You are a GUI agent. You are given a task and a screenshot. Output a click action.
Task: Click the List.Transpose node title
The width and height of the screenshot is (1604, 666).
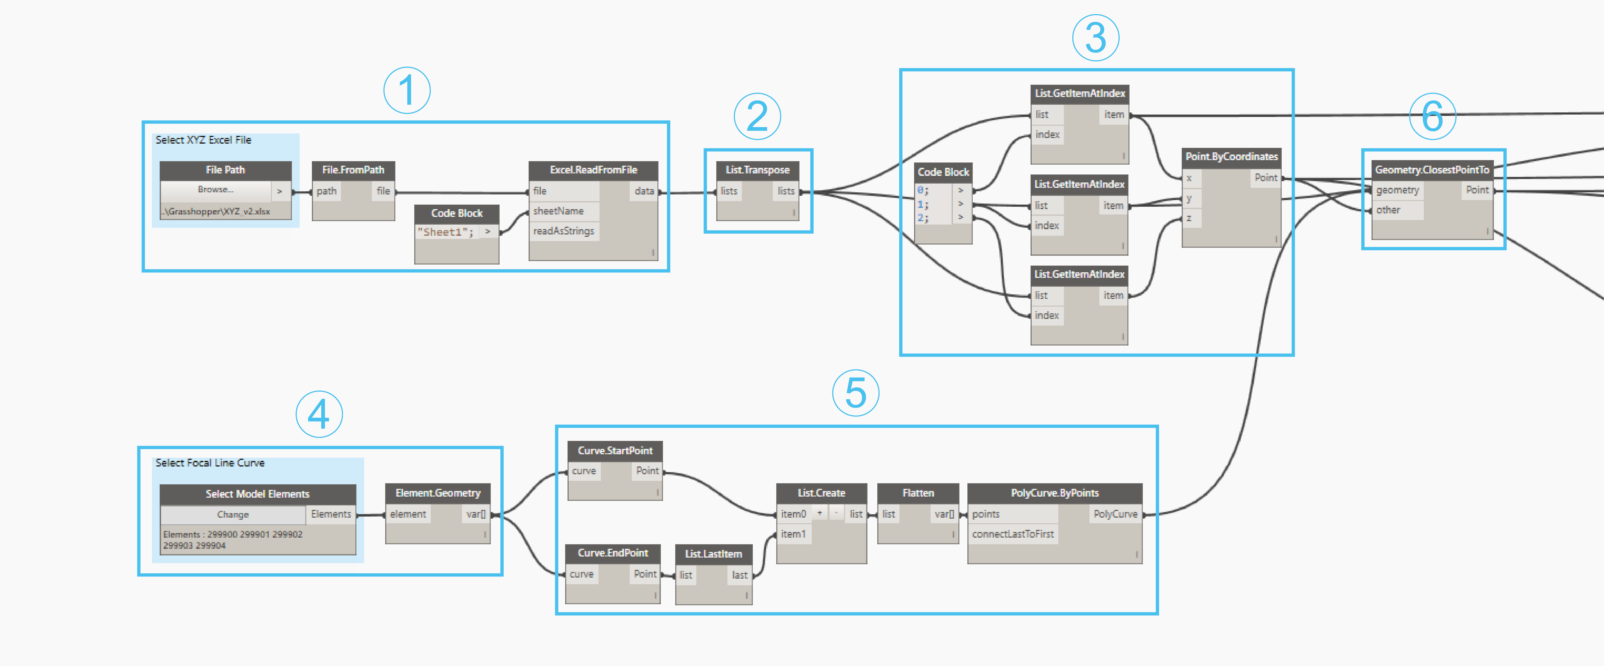point(757,170)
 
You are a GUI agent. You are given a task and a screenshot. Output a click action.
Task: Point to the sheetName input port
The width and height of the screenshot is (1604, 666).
point(558,211)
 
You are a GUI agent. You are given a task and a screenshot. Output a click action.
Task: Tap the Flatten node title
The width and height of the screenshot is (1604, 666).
point(918,493)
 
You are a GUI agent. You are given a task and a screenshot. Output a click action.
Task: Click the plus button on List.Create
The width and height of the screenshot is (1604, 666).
point(819,514)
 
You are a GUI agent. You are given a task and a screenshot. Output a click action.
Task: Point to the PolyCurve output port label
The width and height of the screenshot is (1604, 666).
point(1115,514)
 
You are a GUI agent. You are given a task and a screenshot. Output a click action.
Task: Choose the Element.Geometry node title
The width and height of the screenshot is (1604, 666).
point(438,493)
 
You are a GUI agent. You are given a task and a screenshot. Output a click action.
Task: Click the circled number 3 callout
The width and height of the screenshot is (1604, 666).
point(1095,38)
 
